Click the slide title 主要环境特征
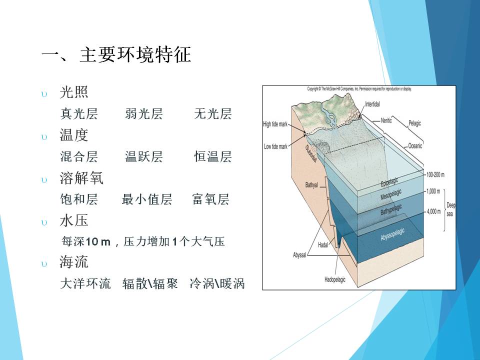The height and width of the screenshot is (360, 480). click(x=135, y=55)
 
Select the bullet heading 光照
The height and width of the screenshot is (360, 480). click(x=74, y=92)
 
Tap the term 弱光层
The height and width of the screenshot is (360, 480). click(x=143, y=113)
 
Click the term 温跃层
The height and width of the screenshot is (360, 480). click(x=143, y=156)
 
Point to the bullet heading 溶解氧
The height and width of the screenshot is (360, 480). click(x=81, y=178)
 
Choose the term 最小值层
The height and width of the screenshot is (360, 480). click(x=147, y=199)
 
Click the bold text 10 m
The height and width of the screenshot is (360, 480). click(x=98, y=242)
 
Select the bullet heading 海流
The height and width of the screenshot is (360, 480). click(x=74, y=262)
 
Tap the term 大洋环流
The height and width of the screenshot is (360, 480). click(x=85, y=283)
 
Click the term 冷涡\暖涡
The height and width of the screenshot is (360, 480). click(x=217, y=283)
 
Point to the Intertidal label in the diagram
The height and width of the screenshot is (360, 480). click(x=372, y=104)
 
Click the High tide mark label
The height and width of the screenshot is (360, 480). click(x=275, y=124)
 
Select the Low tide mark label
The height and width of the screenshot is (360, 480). click(x=275, y=146)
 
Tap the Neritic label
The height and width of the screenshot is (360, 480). click(x=386, y=120)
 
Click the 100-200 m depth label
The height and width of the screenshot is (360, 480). click(x=435, y=175)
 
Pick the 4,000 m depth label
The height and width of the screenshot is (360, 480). click(x=434, y=211)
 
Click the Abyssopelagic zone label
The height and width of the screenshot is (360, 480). click(x=392, y=234)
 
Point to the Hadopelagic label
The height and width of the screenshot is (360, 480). click(x=335, y=279)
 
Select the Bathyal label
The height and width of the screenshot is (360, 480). click(x=311, y=185)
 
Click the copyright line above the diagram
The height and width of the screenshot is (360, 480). click(x=359, y=89)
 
